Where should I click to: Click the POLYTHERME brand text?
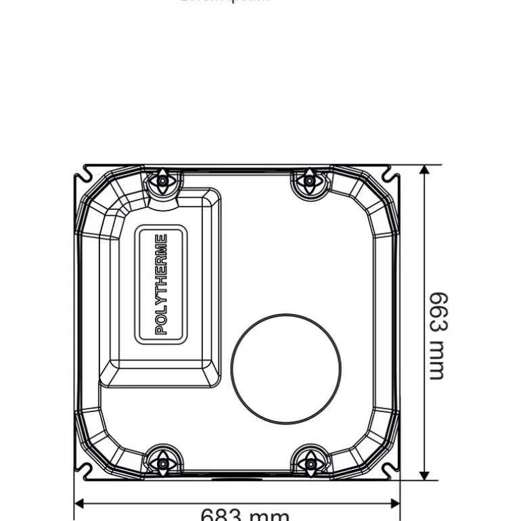pos(161,284)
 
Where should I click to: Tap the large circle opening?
pos(286,369)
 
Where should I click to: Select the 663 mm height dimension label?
pos(438,336)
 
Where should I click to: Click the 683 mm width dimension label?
pos(244,516)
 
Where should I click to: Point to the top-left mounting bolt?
pos(162,181)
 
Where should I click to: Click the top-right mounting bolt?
pos(309,181)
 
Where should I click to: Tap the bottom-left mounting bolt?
pos(162,464)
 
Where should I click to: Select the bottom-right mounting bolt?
pos(310,464)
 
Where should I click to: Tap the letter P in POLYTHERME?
pos(161,330)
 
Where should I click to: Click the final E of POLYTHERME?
pos(161,239)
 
